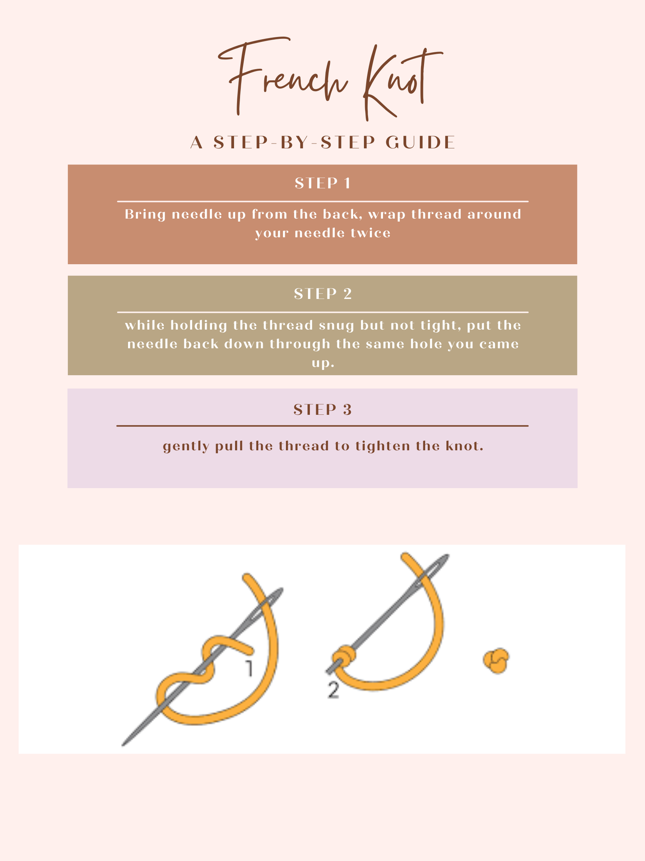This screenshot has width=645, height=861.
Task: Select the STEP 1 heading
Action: point(323,183)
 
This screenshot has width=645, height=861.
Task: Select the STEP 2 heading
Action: point(323,294)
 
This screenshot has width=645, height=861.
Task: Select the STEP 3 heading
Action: point(323,410)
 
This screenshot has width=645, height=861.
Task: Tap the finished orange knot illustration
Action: point(496,661)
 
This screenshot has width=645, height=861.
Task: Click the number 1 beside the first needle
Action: point(249,668)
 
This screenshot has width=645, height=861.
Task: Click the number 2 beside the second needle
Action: point(333,690)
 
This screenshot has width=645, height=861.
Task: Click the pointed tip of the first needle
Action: point(123,745)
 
